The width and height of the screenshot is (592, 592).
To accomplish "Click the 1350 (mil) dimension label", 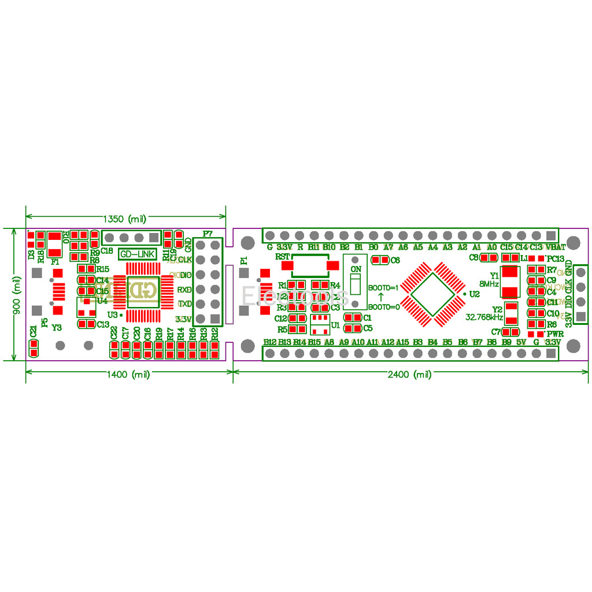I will click(124, 219).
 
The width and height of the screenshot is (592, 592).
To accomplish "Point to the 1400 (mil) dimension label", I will click(129, 375).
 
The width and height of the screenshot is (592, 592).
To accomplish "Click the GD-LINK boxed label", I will click(137, 254).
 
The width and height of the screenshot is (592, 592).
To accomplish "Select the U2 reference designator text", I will click(474, 294).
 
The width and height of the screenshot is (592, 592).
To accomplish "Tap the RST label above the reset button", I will click(283, 256).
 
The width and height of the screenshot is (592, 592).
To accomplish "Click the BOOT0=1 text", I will click(384, 287).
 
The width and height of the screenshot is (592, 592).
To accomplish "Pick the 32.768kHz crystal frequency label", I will click(484, 317).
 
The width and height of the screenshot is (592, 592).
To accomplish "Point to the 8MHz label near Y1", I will click(489, 284).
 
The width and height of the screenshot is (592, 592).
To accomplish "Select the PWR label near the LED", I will click(554, 334).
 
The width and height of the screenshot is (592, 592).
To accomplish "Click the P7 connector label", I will click(208, 234).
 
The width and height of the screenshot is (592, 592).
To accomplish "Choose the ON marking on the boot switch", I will click(356, 270).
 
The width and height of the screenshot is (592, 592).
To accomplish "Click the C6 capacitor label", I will click(395, 260).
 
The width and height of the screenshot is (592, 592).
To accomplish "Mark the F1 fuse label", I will click(55, 262).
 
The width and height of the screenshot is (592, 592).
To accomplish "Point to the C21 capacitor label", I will click(34, 332).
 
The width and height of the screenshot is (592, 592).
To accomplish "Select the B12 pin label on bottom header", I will click(269, 342).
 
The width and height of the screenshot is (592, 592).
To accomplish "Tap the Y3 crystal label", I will click(57, 327).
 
